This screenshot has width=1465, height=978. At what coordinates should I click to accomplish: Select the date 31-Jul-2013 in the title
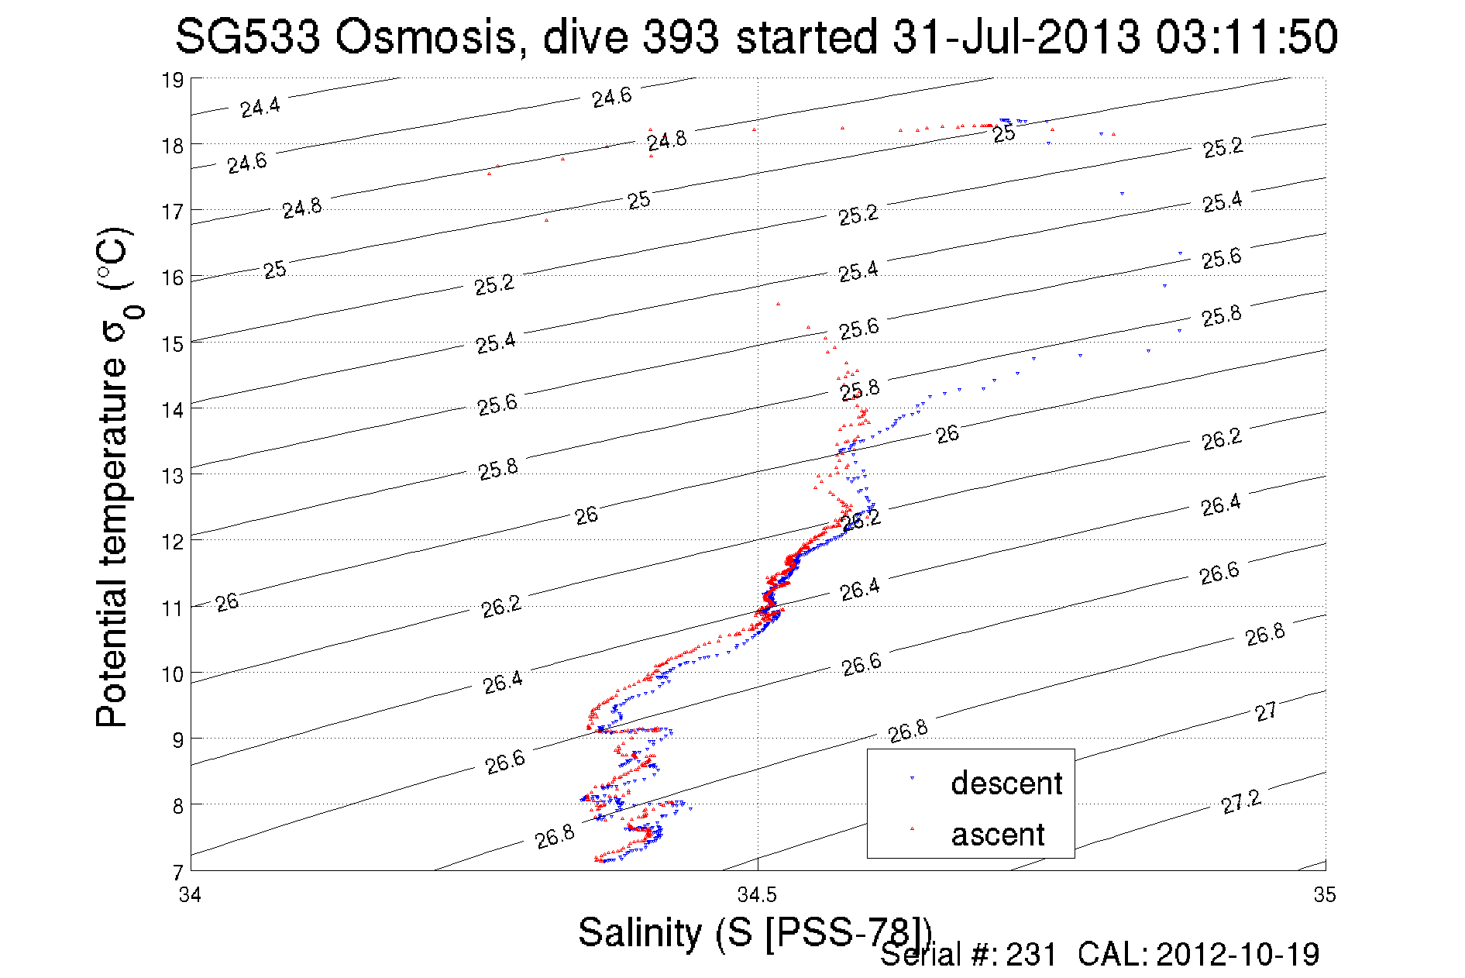pos(1016,36)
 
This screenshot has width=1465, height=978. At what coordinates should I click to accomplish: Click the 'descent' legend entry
pos(1006,783)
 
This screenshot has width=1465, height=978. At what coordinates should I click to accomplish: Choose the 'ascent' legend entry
pos(998,835)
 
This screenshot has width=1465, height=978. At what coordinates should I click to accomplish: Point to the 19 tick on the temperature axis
pos(173,80)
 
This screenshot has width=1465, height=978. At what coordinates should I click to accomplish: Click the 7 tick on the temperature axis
pos(178,871)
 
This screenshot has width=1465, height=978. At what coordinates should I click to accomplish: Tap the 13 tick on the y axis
pos(173,475)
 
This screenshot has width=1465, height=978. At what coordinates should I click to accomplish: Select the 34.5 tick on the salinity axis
pos(757,895)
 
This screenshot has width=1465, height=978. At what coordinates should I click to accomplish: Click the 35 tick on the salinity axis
pos(1325,895)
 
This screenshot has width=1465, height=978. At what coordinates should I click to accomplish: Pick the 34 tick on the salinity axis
pos(190,895)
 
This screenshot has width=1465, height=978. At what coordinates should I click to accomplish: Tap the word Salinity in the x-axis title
pos(639,932)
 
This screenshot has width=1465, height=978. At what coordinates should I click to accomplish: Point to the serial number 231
pos(1031,955)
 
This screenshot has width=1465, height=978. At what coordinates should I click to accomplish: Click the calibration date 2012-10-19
pos(1237,955)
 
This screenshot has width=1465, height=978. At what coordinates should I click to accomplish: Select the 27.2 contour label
pos(1241,801)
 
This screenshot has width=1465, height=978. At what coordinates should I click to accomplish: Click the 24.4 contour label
pos(260,107)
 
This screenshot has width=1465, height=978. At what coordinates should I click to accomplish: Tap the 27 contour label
pos(1266,711)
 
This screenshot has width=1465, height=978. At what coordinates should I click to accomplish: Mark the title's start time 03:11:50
pos(1247,36)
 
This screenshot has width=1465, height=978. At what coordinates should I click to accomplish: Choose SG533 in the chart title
pos(248,36)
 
